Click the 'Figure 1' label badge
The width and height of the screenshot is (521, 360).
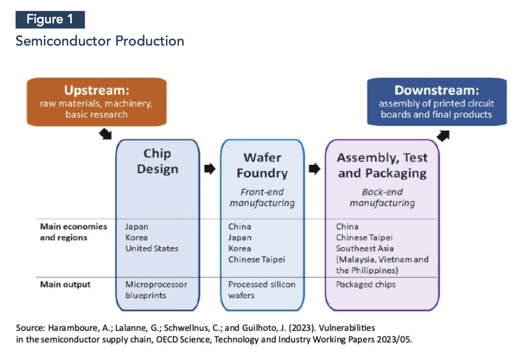pos(50,19)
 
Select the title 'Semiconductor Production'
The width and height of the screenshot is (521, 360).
pos(100,41)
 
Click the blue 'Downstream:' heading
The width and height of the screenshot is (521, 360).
pos(436,90)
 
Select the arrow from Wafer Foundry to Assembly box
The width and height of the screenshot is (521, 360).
pos(314,169)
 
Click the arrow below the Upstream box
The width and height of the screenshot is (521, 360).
pos(105,134)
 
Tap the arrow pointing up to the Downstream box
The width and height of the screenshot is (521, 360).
pos(444,136)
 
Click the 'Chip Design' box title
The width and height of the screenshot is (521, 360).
pos(157,161)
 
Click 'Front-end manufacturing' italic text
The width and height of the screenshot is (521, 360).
pos(262,198)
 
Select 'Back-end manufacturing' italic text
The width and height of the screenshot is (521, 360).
pos(382,198)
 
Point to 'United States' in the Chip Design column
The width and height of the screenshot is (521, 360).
pos(152,248)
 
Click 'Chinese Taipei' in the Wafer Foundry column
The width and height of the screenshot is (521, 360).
pos(256,259)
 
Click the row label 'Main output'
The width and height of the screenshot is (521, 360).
pos(65,285)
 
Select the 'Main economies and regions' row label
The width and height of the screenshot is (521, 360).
pos(73,232)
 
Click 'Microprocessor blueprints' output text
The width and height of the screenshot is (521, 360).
pos(156,290)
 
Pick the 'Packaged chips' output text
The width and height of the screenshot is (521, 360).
pos(366,285)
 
